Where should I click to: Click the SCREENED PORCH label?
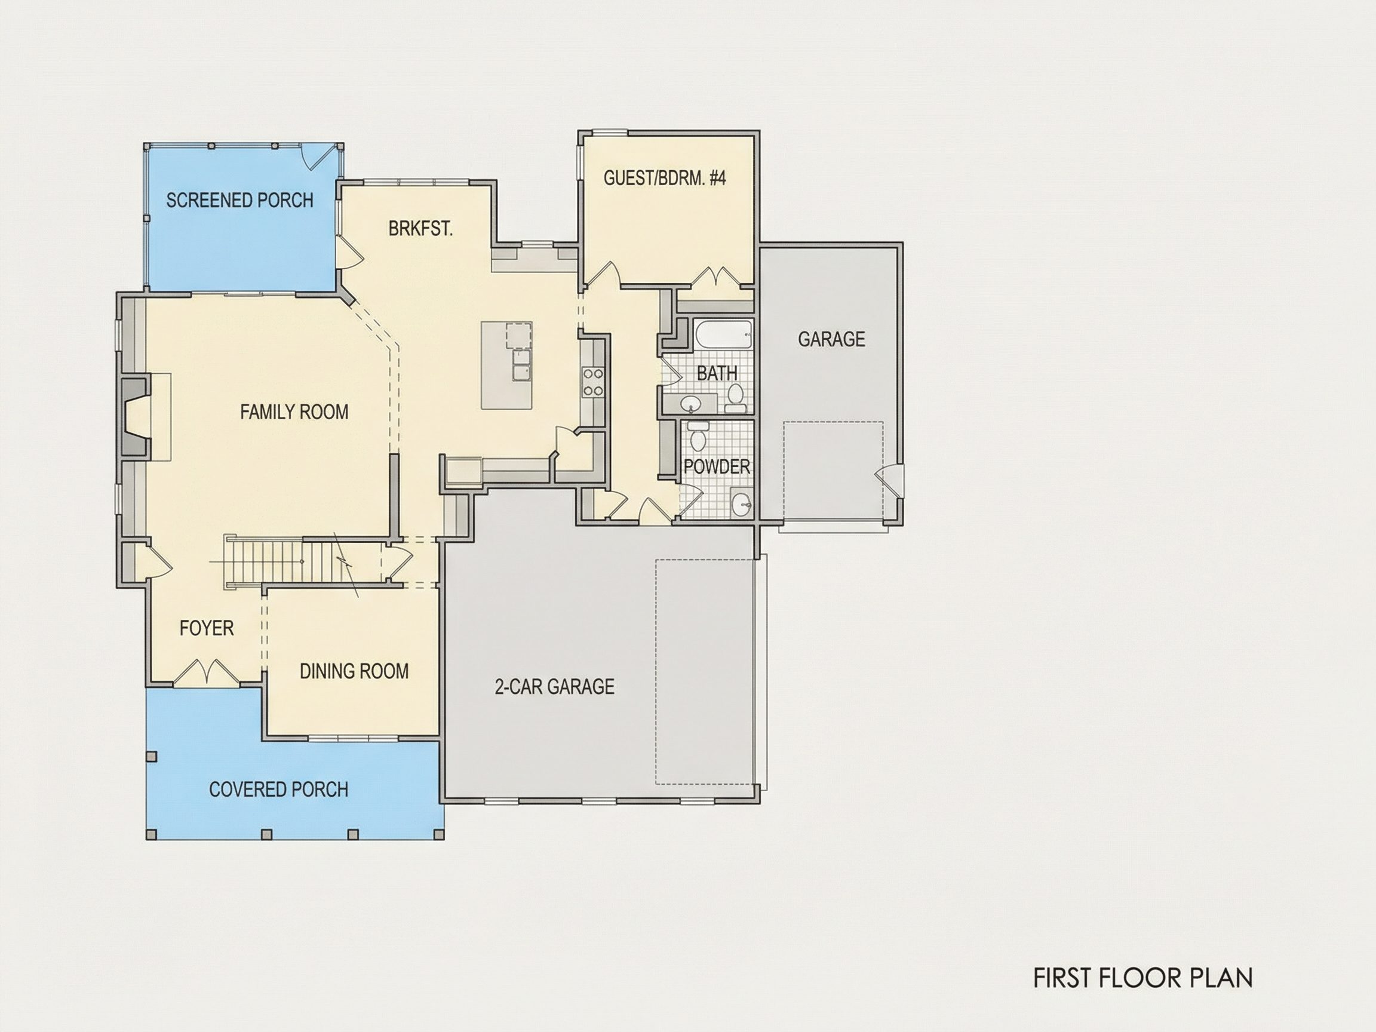(239, 200)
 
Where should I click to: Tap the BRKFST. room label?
(420, 229)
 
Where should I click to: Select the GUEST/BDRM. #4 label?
(664, 178)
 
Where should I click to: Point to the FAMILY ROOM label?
(294, 412)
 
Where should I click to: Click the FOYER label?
(207, 628)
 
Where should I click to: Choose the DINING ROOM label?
(354, 671)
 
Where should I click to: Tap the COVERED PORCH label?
(278, 790)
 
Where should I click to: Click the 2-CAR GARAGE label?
(554, 687)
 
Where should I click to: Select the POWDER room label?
(717, 466)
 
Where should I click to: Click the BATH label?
(717, 373)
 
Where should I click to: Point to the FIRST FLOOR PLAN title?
(1142, 978)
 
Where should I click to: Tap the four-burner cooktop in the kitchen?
(592, 382)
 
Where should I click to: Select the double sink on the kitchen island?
(521, 364)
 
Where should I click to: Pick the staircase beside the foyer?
(302, 561)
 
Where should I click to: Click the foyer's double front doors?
(205, 672)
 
